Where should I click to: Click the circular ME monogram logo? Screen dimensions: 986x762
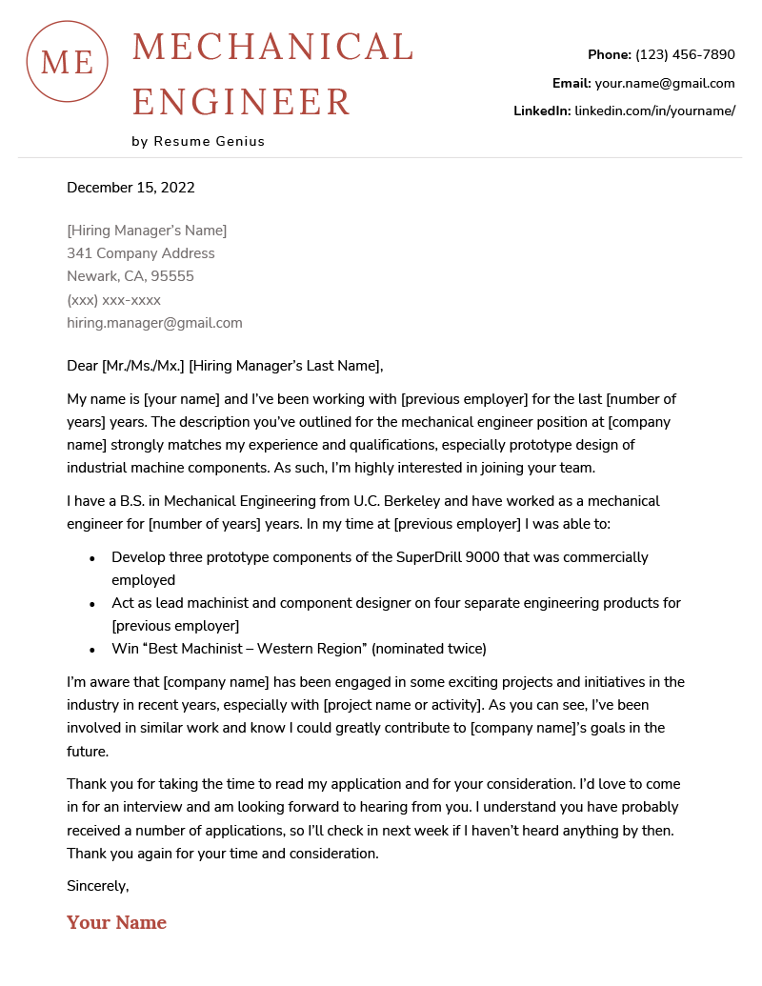(x=68, y=62)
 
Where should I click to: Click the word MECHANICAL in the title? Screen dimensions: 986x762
(x=272, y=48)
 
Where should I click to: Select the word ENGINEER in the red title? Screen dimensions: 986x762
(x=242, y=102)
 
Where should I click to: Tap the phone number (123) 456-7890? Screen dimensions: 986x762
(x=685, y=54)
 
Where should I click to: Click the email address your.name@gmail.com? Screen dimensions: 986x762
(x=665, y=83)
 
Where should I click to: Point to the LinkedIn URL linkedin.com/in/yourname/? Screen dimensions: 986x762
(x=654, y=111)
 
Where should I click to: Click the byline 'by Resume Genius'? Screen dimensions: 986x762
(x=198, y=141)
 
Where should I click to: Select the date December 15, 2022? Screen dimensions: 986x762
(x=130, y=188)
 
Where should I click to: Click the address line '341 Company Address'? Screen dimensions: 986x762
(x=141, y=253)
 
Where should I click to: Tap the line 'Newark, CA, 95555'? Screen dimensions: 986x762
(x=130, y=276)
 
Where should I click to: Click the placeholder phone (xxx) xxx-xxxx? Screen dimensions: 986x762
(x=113, y=300)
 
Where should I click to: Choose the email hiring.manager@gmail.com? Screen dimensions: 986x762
(x=154, y=323)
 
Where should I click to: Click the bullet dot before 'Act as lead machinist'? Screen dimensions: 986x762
(x=91, y=604)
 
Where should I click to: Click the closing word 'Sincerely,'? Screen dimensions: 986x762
(x=97, y=886)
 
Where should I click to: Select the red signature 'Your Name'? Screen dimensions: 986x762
(x=116, y=922)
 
